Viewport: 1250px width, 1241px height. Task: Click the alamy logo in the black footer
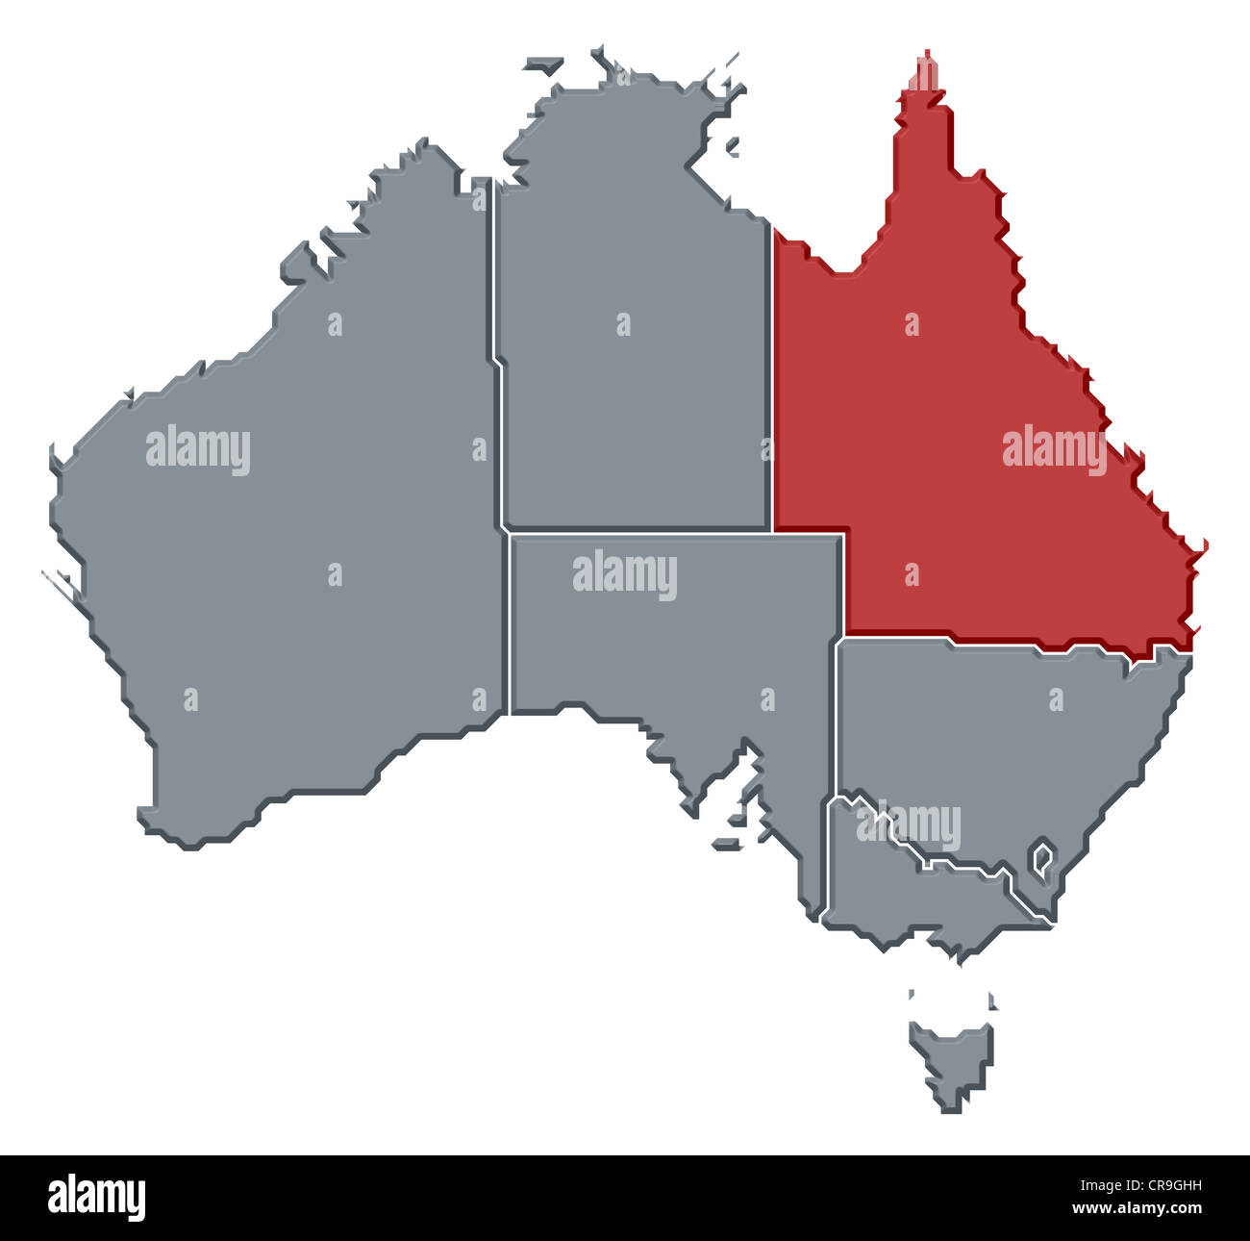coord(96,1198)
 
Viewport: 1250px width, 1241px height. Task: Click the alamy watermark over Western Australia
coord(198,449)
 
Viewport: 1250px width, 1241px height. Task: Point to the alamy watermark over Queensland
coord(1054,449)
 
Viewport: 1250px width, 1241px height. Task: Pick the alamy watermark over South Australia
coord(625,574)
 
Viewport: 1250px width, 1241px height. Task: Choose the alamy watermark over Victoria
coord(909,824)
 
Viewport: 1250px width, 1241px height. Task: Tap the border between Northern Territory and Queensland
coord(772,385)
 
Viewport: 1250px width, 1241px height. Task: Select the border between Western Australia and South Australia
coord(507,625)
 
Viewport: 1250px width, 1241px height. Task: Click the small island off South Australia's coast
coord(727,844)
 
